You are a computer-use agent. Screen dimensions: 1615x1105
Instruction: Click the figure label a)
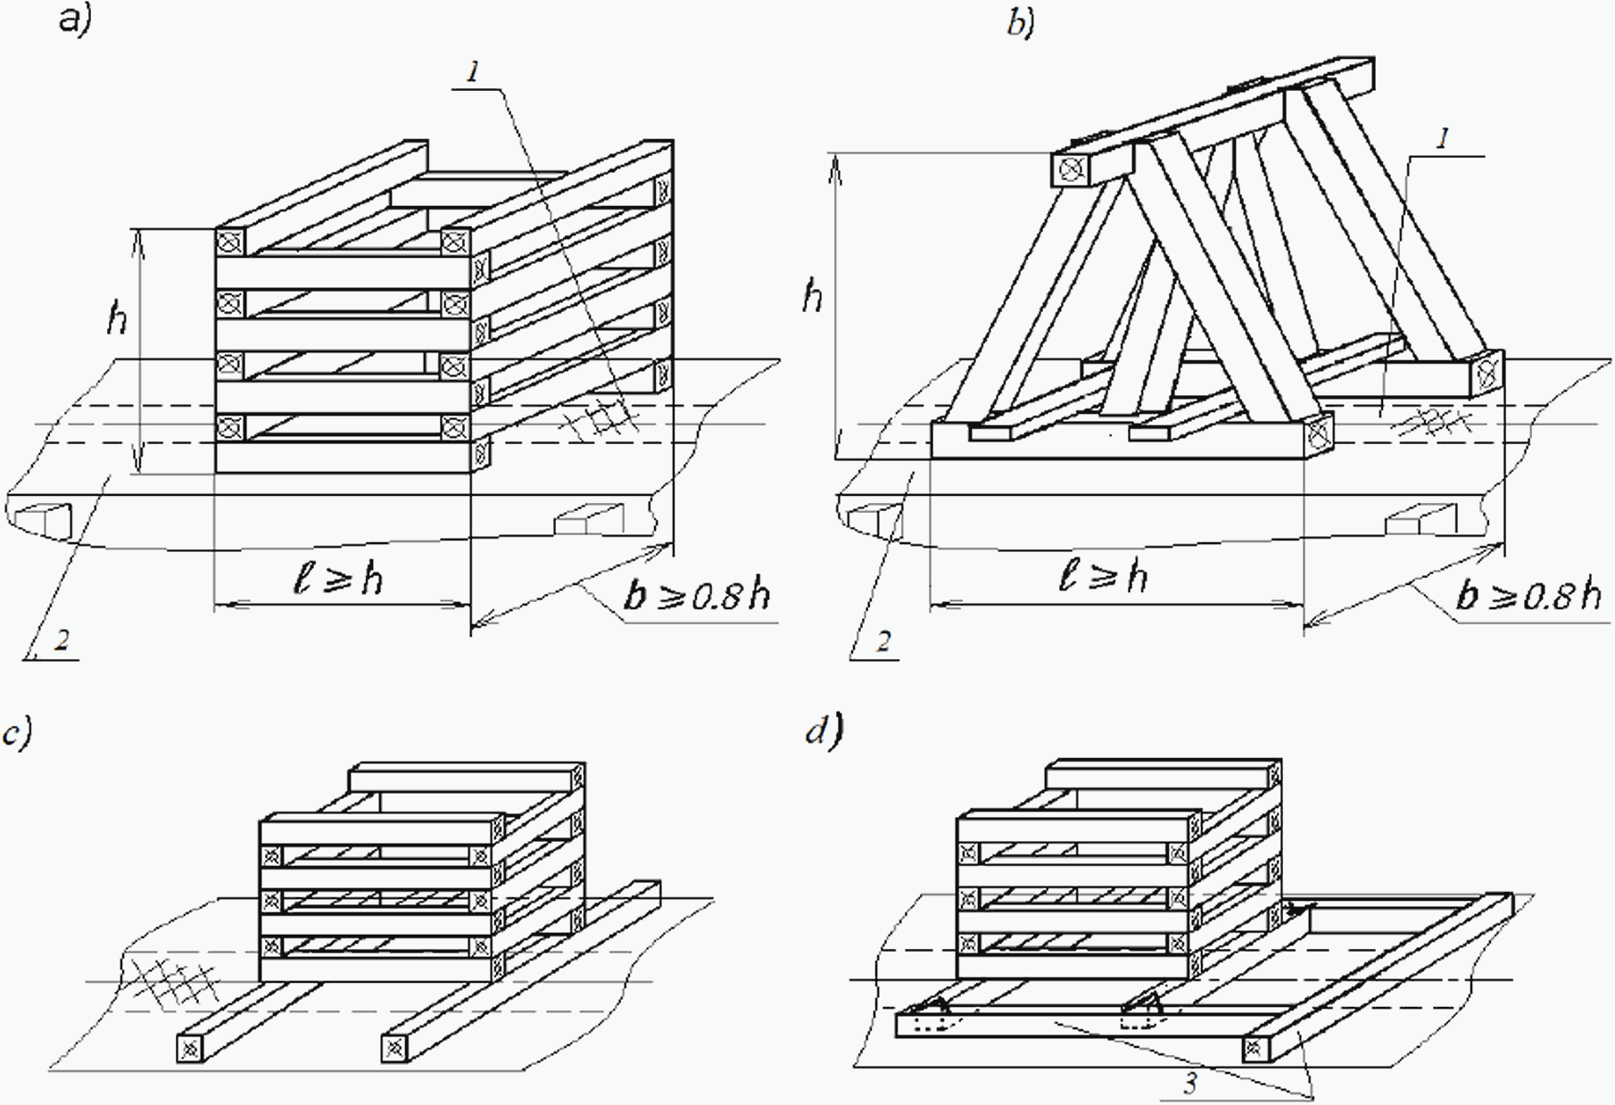coord(76,19)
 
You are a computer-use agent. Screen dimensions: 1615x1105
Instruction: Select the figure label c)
coord(17,732)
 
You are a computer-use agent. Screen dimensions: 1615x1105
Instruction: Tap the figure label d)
coord(824,731)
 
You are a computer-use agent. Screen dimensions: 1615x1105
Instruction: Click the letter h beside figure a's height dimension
coord(117,317)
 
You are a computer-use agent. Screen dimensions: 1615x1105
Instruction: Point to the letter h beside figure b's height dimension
coord(812,294)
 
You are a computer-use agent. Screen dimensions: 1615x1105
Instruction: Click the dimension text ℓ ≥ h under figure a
coord(339,578)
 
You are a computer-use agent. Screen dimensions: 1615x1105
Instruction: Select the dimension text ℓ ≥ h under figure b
coord(1103,576)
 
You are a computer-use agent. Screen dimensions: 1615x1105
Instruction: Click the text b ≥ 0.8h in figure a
coord(697,594)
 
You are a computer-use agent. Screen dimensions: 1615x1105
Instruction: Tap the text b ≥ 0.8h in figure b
coord(1528,594)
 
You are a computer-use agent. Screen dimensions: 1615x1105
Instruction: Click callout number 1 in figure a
coord(473,71)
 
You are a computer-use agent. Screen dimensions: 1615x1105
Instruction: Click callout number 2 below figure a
coord(61,639)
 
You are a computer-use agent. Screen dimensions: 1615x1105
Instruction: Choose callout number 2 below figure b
coord(882,641)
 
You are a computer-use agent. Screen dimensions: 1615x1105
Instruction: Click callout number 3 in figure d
coord(1189,1083)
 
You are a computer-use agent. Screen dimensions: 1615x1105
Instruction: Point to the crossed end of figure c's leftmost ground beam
coord(190,1050)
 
